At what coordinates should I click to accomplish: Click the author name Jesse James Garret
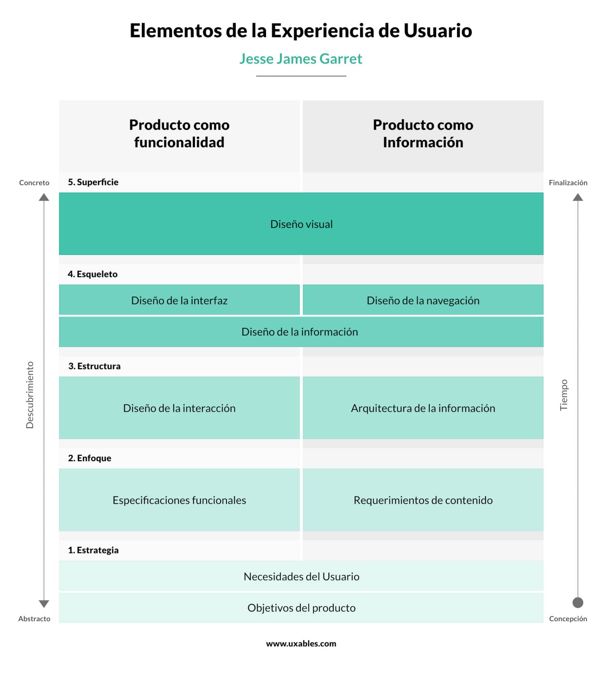[x=301, y=59]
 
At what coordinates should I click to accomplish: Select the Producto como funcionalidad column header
[x=179, y=133]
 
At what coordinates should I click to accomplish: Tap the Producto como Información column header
[x=423, y=133]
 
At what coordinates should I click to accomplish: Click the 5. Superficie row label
[x=93, y=182]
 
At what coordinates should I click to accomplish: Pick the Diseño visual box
[x=301, y=224]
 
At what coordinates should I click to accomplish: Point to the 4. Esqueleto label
[x=93, y=274]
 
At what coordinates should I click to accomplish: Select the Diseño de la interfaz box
[x=179, y=300]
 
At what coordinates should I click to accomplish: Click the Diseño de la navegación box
[x=423, y=300]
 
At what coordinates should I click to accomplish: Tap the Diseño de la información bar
[x=299, y=332]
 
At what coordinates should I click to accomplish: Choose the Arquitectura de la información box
[x=423, y=408]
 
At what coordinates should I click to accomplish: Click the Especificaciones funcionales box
[x=179, y=500]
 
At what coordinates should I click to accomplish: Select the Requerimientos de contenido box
[x=423, y=500]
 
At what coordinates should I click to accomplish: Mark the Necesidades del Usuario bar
[x=301, y=576]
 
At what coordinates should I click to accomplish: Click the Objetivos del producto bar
[x=301, y=608]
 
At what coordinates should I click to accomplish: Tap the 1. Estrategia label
[x=93, y=550]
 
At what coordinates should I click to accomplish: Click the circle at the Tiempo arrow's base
[x=578, y=603]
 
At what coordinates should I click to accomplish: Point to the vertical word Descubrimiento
[x=30, y=395]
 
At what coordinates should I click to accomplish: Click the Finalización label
[x=568, y=183]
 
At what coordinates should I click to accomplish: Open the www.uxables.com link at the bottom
[x=301, y=643]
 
